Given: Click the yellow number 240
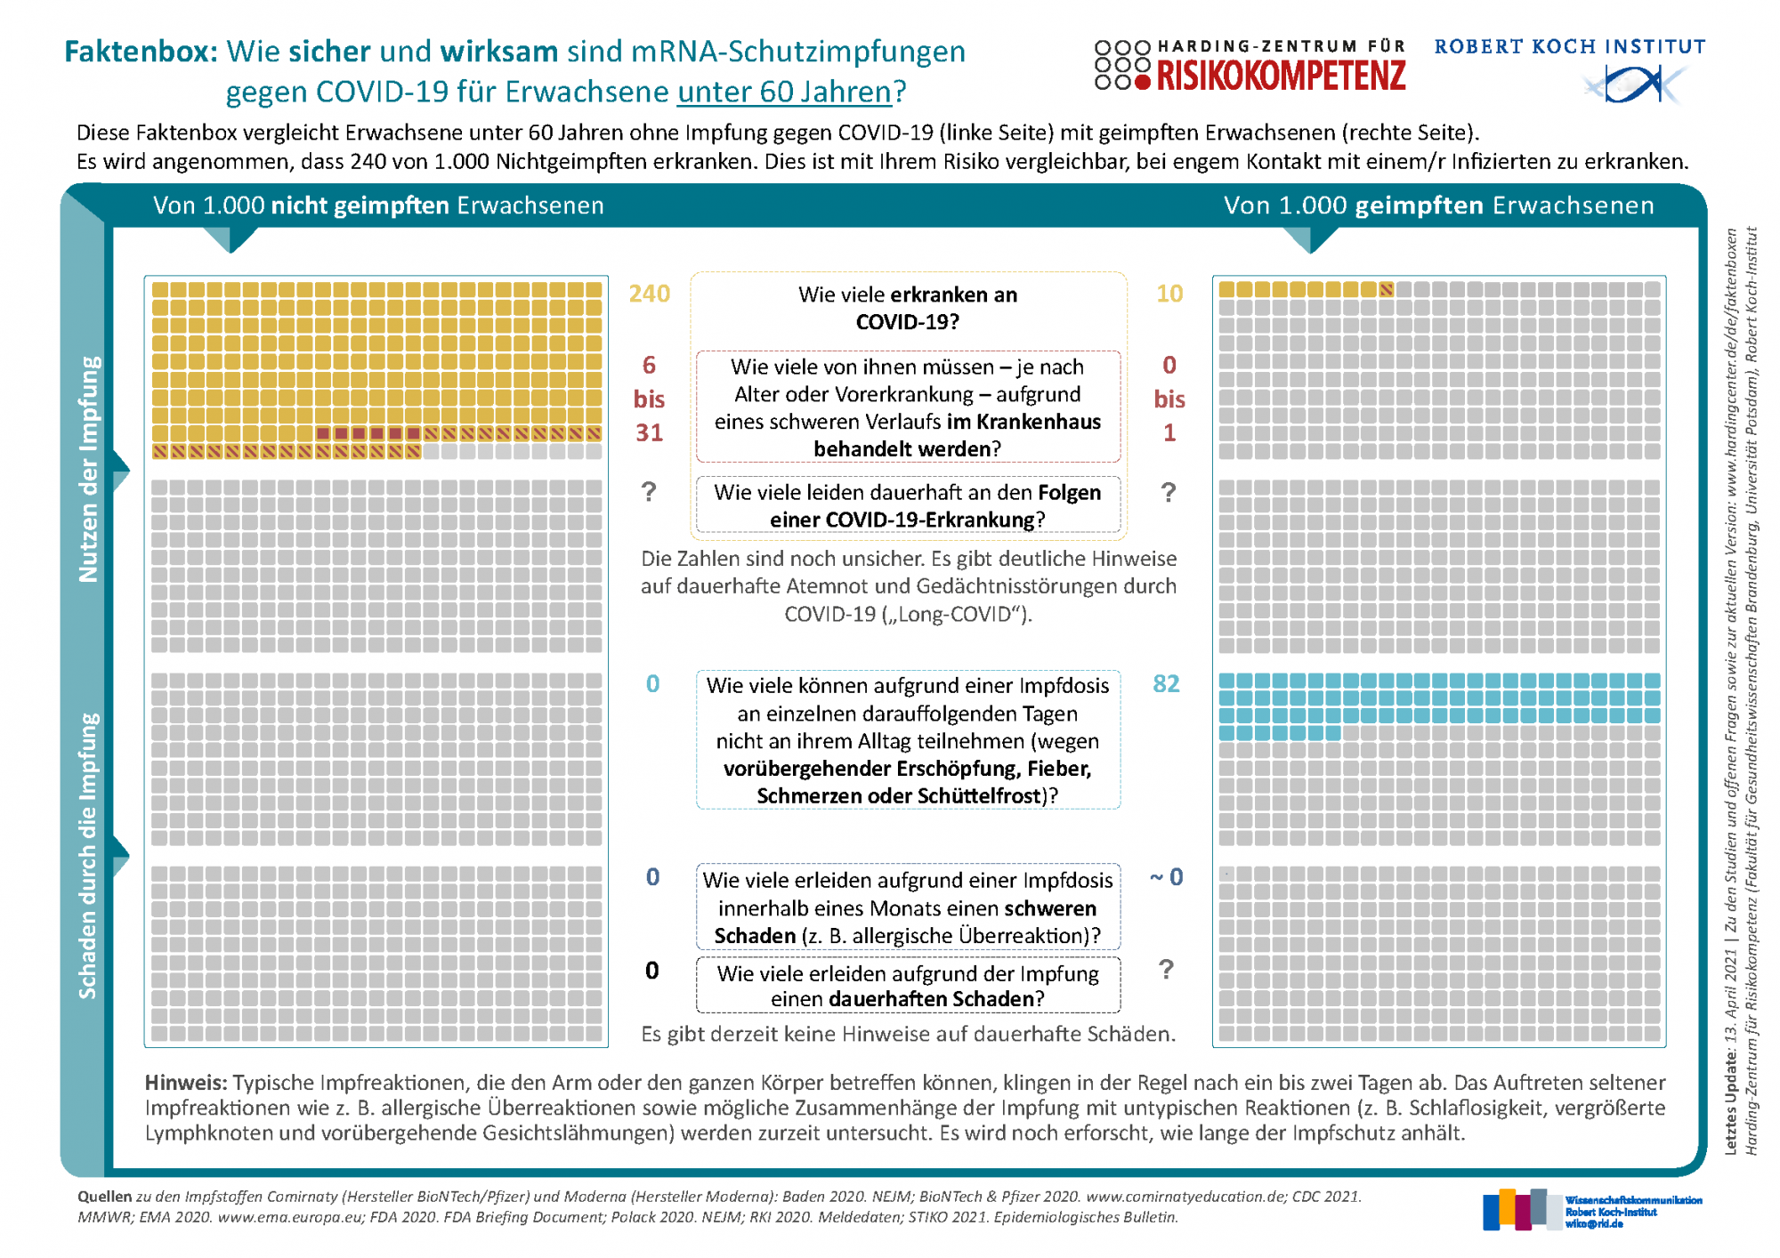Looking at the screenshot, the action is coord(649,294).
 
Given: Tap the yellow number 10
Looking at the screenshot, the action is coord(1169,294).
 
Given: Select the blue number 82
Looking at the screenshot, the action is coord(1166,683).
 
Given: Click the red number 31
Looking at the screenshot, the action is coord(649,432).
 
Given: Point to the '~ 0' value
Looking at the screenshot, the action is coord(1166,877).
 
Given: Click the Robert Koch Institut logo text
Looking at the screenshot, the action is coord(1569,46).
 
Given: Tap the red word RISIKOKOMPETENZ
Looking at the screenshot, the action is coord(1282,77).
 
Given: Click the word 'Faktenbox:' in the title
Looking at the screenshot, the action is coord(141,52).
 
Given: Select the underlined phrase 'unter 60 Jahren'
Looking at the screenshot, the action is coord(784,92).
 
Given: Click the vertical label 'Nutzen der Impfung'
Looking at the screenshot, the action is coord(89,469).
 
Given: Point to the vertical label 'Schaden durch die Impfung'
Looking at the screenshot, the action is coord(88,856).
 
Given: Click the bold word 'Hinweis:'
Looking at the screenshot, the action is coord(186,1083).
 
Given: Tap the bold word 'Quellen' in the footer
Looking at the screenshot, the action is coord(104,1197).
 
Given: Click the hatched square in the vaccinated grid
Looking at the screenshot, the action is coord(1387,289).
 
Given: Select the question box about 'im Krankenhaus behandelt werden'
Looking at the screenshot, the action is coord(908,407).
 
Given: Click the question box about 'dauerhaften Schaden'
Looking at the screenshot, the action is coord(908,985).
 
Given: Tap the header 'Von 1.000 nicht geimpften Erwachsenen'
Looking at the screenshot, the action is coord(378,206).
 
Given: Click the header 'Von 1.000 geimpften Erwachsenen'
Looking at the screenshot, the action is coord(1438,206).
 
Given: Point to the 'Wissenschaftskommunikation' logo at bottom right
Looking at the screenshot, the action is coord(1592,1210).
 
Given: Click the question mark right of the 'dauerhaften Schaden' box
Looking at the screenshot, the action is coord(1166,970).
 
